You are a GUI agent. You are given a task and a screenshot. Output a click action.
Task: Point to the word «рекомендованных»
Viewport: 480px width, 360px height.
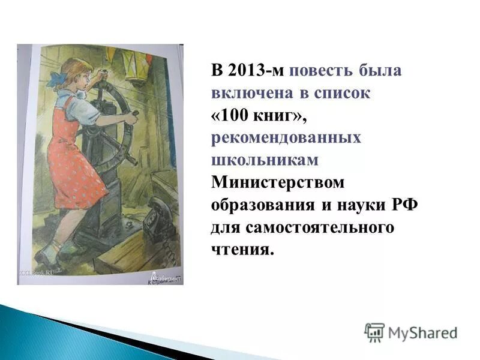pyautogui.click(x=286, y=137)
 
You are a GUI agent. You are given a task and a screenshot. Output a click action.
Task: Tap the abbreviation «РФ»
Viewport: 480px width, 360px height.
pyautogui.click(x=404, y=205)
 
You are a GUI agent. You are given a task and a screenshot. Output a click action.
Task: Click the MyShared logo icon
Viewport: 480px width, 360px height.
pyautogui.click(x=374, y=332)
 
